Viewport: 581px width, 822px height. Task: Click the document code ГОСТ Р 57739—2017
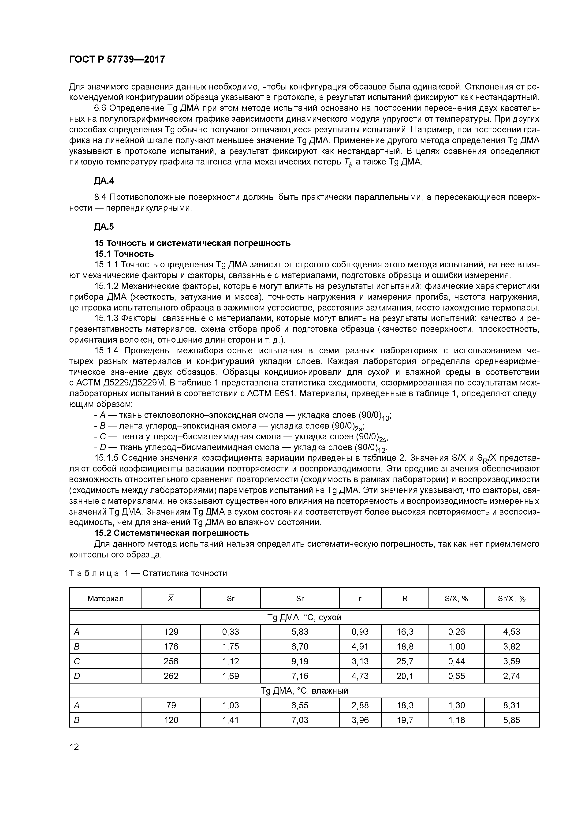pos(117,60)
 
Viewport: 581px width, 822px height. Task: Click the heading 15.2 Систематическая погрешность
pos(171,533)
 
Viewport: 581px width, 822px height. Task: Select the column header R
pos(405,599)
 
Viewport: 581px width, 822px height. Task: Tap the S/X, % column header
pos(456,599)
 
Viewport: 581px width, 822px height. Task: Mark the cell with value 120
pos(171,720)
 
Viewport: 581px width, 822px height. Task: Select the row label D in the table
pos(77,676)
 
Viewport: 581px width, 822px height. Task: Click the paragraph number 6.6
pos(101,108)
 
